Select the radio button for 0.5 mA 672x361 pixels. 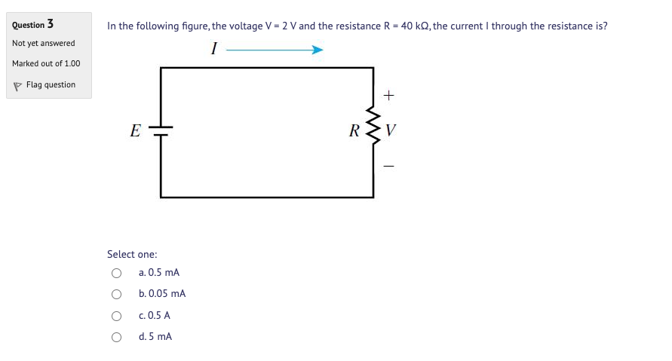[x=116, y=273]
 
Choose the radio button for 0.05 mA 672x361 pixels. [x=116, y=294]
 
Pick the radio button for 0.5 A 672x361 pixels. [x=116, y=316]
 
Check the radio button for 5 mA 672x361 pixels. [x=116, y=337]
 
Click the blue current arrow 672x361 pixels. [x=275, y=50]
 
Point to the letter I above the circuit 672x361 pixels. [x=214, y=50]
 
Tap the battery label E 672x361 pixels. [x=135, y=131]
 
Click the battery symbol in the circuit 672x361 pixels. [x=161, y=131]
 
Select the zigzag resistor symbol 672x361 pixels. [x=373, y=131]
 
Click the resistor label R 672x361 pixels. [x=354, y=131]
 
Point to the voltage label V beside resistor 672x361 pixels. [x=390, y=132]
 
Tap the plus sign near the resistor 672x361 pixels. [x=388, y=96]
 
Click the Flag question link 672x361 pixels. [x=51, y=85]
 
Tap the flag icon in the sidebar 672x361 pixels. [x=18, y=85]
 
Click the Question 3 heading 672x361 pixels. [x=32, y=25]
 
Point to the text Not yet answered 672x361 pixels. [x=44, y=43]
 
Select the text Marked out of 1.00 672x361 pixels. [x=46, y=63]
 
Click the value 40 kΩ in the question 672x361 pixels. [x=416, y=26]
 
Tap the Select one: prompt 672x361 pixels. [x=132, y=255]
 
